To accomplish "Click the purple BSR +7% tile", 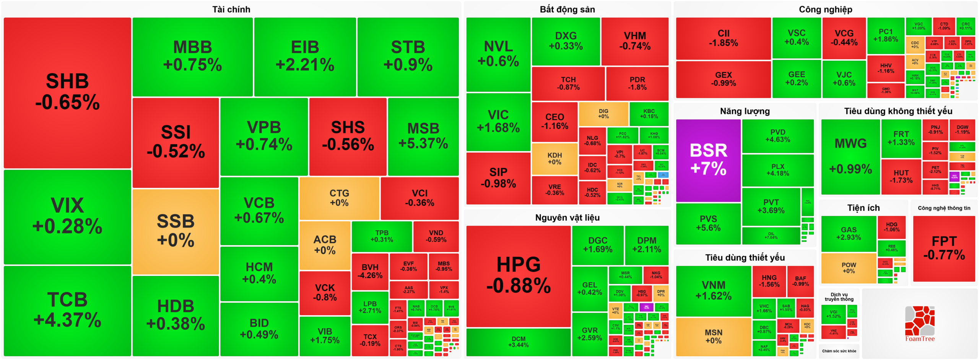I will [708, 160].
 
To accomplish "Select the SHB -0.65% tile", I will [67, 92].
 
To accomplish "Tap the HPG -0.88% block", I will [518, 275].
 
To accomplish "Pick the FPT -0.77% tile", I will [944, 248].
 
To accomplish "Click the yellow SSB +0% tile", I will [176, 231].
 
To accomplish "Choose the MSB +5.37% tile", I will [423, 136].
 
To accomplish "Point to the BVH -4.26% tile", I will [370, 271].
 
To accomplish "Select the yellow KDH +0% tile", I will [554, 158].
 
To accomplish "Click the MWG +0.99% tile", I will [850, 156].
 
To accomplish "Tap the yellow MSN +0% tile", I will [713, 336].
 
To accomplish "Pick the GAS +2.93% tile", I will [848, 233].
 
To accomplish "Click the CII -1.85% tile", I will [723, 38].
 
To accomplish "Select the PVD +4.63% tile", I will [777, 136].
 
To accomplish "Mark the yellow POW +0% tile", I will [848, 268].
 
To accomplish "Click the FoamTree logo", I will [919, 324].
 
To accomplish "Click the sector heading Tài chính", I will [231, 10].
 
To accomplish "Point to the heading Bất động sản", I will [567, 10].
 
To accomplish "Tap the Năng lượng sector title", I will [745, 111].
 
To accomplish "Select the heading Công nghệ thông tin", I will [944, 208].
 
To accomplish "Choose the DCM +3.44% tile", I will [518, 342].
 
